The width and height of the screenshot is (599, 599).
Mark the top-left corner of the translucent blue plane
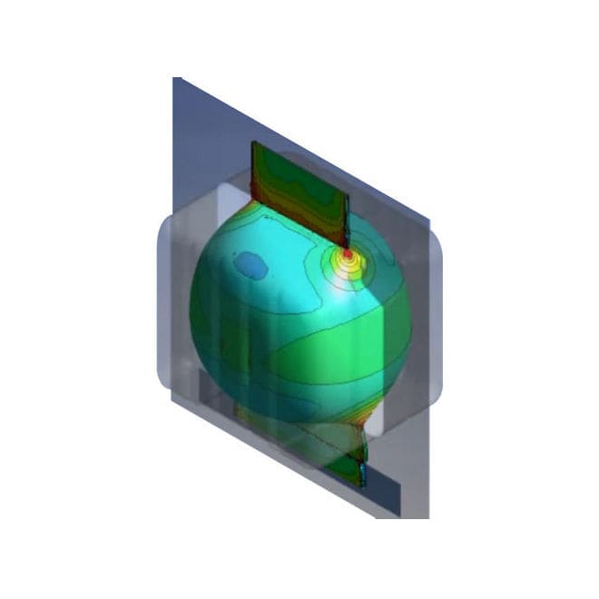point(174,79)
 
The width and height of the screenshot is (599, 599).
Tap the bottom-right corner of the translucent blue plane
point(427,518)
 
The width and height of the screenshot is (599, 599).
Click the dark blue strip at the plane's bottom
point(381,491)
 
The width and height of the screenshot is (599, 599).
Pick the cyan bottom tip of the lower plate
point(363,476)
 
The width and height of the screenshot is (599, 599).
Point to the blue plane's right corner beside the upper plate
point(427,218)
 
